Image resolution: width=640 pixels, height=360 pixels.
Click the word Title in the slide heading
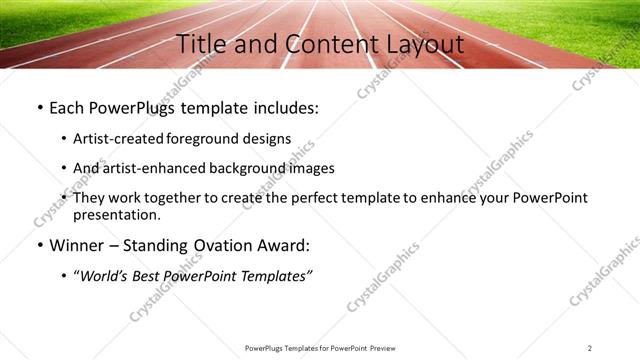(x=200, y=44)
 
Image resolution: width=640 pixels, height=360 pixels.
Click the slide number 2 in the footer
(x=590, y=347)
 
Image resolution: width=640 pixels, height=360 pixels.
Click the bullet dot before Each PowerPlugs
(x=39, y=108)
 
